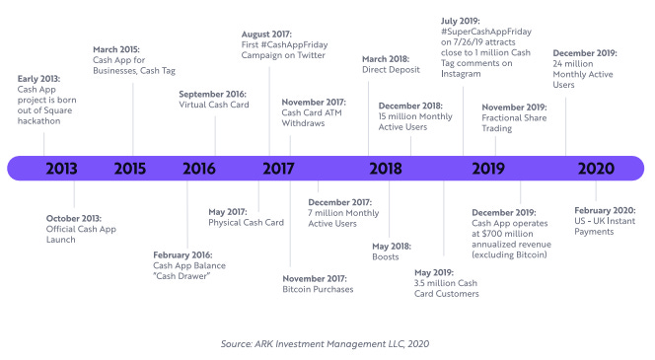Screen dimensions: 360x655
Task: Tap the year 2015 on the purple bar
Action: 131,168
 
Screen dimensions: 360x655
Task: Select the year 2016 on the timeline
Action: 198,168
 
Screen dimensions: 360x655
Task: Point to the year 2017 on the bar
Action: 278,168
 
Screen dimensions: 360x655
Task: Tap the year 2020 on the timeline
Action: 596,168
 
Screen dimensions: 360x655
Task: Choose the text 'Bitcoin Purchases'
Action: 318,289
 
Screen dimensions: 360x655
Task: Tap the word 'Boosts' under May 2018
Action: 386,256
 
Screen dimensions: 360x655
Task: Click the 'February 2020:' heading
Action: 605,209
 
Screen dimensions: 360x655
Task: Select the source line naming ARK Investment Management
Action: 327,341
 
